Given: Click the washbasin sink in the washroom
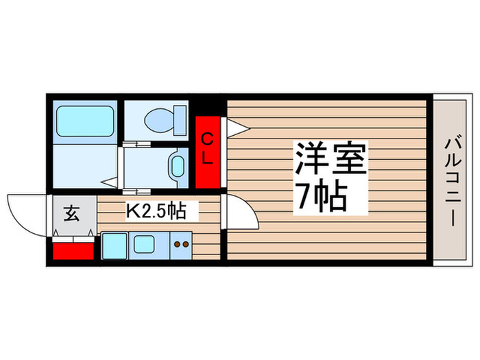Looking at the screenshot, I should (177, 165).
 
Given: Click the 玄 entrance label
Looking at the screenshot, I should (71, 213).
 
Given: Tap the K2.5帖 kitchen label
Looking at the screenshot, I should (155, 211).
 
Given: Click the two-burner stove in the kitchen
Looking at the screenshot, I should (181, 244).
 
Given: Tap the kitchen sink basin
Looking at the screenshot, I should (145, 243).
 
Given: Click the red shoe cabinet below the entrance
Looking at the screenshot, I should (72, 248).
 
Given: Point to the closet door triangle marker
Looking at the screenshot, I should (237, 127).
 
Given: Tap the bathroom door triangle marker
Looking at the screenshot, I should (110, 182).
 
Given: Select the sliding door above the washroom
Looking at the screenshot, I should (136, 144).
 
